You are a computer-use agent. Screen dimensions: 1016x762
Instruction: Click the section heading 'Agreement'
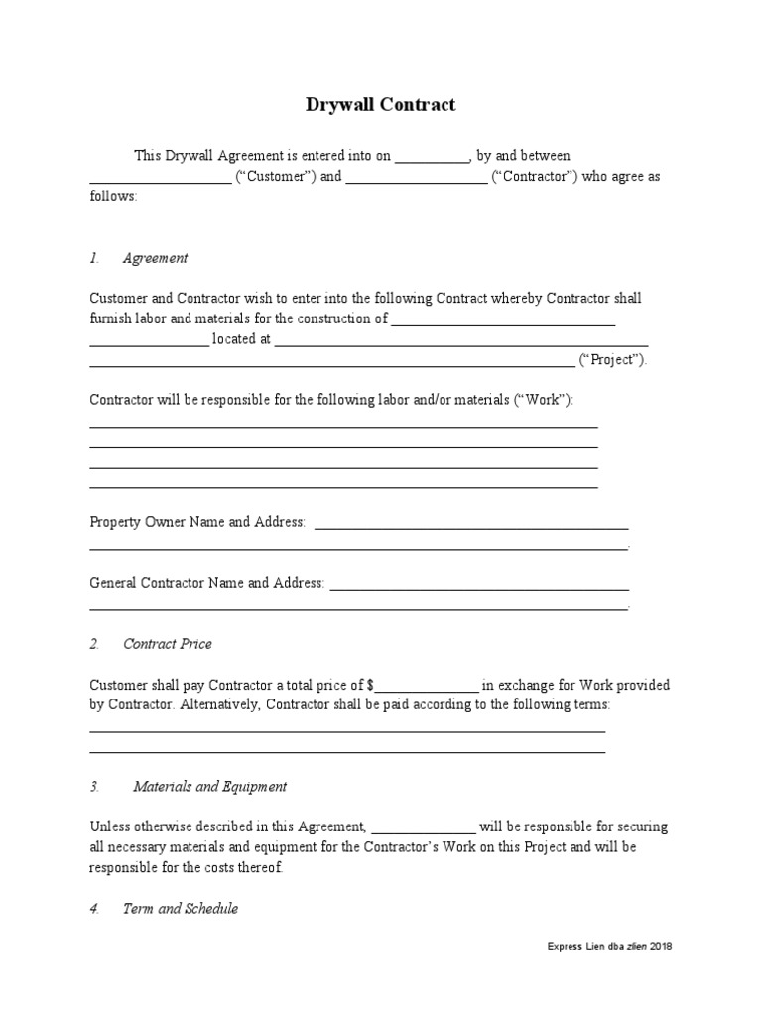(155, 258)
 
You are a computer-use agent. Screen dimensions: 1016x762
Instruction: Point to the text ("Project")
(612, 360)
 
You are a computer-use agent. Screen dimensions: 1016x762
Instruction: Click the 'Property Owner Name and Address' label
(197, 522)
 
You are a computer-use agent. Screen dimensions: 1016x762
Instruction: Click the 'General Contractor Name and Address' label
(206, 583)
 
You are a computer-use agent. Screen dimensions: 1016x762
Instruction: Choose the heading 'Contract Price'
(167, 644)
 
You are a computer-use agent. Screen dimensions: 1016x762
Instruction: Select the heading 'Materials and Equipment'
(209, 787)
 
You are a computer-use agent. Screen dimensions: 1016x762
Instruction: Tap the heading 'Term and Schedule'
(180, 909)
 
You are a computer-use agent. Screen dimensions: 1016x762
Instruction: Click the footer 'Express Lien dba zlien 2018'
(609, 947)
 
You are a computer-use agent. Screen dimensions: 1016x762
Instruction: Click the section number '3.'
(95, 787)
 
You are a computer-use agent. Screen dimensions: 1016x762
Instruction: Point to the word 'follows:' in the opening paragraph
(114, 196)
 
